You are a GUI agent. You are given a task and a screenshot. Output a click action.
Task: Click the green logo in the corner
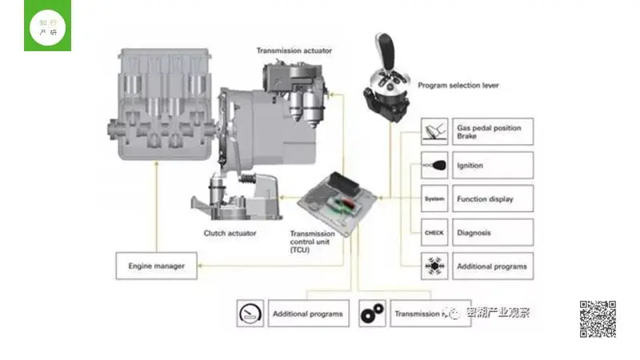pos(47,26)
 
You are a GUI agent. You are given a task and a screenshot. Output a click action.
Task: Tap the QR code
pos(598,318)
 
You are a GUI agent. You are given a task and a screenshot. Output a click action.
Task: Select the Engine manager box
pos(156,265)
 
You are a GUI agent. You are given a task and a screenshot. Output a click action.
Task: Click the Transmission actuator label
pos(294,51)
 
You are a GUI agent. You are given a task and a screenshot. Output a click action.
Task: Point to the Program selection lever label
pos(460,85)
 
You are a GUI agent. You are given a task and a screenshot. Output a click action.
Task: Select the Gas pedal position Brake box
pos(492,131)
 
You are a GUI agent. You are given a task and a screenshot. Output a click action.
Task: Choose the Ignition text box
pos(492,166)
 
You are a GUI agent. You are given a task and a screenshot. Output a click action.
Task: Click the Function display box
pos(492,198)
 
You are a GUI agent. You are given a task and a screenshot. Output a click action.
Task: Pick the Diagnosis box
pos(492,233)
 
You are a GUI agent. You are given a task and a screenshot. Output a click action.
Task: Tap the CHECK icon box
pos(434,233)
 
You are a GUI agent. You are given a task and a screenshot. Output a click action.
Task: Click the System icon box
pos(434,198)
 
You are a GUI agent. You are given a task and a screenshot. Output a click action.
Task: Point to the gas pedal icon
pos(434,131)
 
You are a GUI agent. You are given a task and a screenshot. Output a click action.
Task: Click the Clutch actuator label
pos(230,234)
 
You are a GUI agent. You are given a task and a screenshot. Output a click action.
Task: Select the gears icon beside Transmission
pos(372,314)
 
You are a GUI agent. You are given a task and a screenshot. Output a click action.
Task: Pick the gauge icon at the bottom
pos(250,314)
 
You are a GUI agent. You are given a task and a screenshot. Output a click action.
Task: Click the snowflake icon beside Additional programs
pos(434,266)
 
